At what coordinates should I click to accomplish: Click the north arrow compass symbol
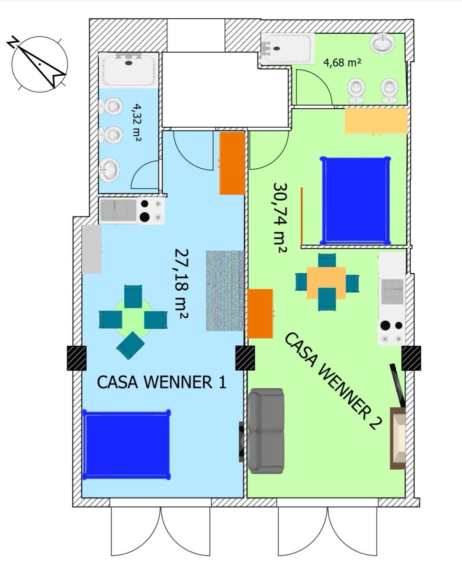click(39, 64)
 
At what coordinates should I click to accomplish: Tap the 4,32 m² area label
click(136, 123)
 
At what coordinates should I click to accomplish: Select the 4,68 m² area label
click(342, 62)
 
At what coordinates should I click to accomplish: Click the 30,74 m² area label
click(280, 218)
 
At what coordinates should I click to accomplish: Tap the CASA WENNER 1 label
click(161, 382)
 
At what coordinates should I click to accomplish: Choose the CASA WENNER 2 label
click(333, 381)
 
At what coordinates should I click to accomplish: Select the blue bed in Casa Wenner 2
click(355, 200)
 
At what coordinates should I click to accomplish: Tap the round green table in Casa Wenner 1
click(133, 318)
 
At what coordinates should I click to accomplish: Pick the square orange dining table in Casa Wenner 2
click(326, 283)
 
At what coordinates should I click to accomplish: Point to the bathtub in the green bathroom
click(287, 48)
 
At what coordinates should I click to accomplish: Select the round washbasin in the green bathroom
click(382, 43)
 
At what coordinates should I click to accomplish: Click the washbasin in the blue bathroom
click(109, 170)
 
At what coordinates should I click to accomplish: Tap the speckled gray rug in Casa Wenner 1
click(225, 291)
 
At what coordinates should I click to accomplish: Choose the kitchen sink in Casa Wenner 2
click(392, 292)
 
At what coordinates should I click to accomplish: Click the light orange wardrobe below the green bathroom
click(376, 121)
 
